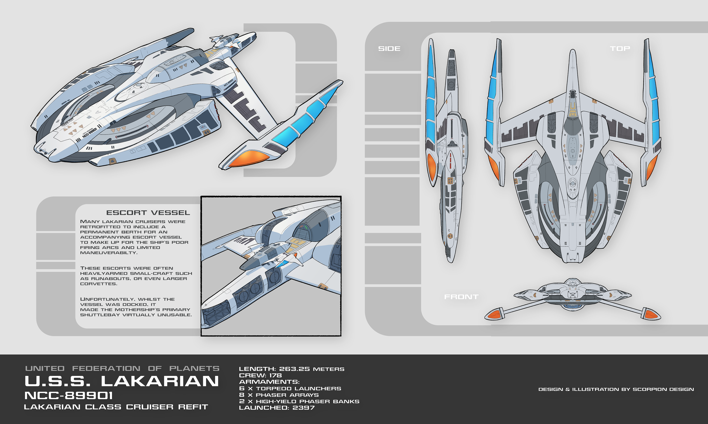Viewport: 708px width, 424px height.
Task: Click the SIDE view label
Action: (389, 49)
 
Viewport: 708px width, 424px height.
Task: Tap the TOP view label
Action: (620, 49)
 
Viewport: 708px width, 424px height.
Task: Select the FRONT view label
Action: (461, 297)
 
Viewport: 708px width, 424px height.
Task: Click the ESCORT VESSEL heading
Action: (148, 213)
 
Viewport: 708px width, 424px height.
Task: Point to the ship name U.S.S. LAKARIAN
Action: (122, 381)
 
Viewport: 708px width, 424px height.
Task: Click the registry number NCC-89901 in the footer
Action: (69, 396)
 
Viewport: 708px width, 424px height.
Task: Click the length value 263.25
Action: (294, 369)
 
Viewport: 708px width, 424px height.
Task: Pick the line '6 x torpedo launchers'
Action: (290, 388)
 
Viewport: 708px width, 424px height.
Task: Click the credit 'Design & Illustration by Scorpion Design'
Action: (616, 389)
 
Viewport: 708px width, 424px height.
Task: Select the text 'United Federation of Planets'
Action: (122, 368)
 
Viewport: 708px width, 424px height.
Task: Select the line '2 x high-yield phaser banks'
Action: (299, 401)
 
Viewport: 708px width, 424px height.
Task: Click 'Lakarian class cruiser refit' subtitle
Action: (116, 407)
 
